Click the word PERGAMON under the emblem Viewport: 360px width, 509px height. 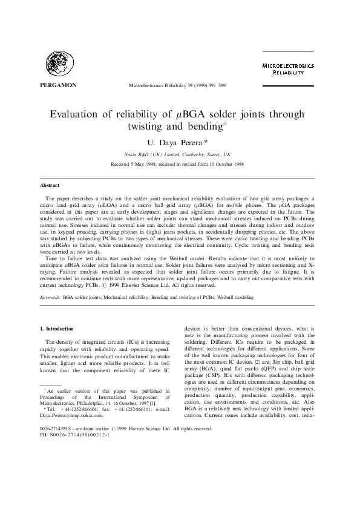[58, 85]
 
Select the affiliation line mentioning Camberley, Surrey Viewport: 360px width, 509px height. [180, 155]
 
